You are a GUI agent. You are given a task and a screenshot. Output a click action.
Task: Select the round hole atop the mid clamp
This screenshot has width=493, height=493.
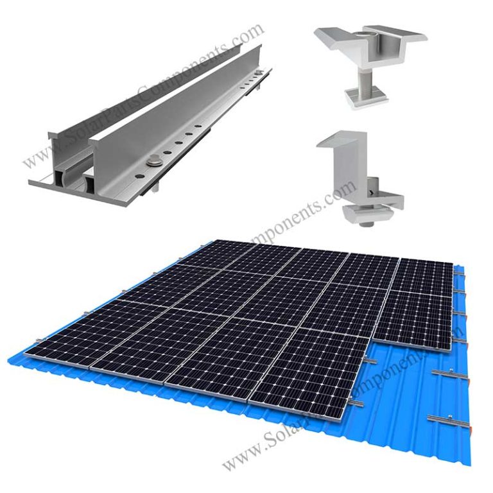pyautogui.click(x=369, y=31)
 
